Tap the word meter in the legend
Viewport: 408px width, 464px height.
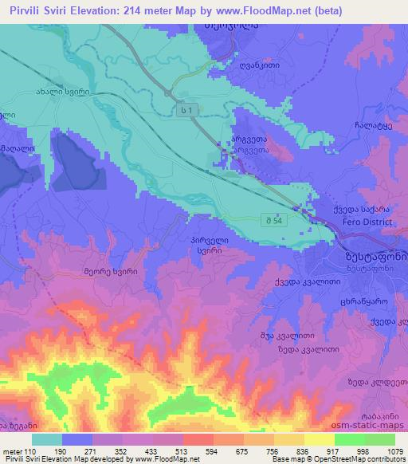click(12, 450)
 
